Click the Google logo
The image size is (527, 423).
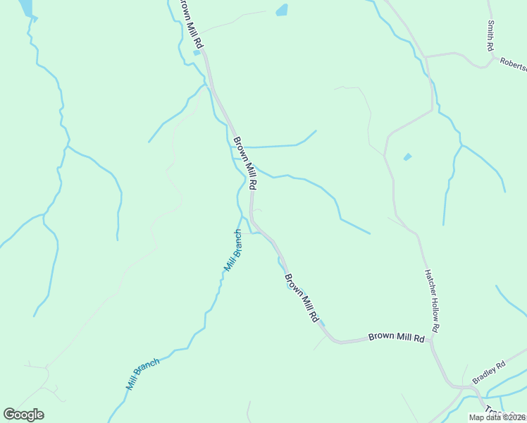pyautogui.click(x=23, y=415)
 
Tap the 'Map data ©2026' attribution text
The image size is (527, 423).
pyautogui.click(x=497, y=417)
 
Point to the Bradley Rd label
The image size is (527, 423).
pyautogui.click(x=489, y=372)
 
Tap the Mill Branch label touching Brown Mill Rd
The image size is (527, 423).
pyautogui.click(x=233, y=251)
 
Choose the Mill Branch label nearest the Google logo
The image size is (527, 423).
pyautogui.click(x=143, y=374)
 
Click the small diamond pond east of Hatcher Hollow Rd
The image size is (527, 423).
pyautogui.click(x=407, y=157)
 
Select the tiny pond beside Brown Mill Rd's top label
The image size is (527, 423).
pyautogui.click(x=197, y=52)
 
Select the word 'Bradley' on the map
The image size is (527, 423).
pyautogui.click(x=485, y=374)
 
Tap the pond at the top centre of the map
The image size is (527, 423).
pyautogui.click(x=282, y=10)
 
